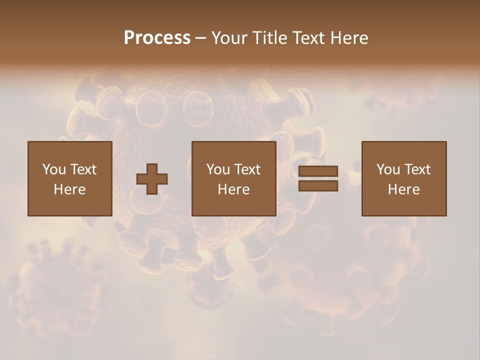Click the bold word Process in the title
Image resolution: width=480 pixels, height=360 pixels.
(157, 38)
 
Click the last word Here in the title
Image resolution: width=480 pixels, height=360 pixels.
(349, 38)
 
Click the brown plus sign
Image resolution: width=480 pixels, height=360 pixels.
(152, 179)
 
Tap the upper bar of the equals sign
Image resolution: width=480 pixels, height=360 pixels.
(318, 171)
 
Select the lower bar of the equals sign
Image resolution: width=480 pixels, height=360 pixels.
(318, 186)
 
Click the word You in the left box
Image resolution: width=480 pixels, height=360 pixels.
(54, 169)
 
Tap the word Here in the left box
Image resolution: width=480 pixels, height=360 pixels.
(69, 189)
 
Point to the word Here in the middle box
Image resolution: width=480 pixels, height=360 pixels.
(233, 189)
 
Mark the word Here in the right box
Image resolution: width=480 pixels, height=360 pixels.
(403, 189)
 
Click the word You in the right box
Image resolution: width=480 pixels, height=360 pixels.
(388, 169)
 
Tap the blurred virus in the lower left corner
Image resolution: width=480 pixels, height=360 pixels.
(55, 285)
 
